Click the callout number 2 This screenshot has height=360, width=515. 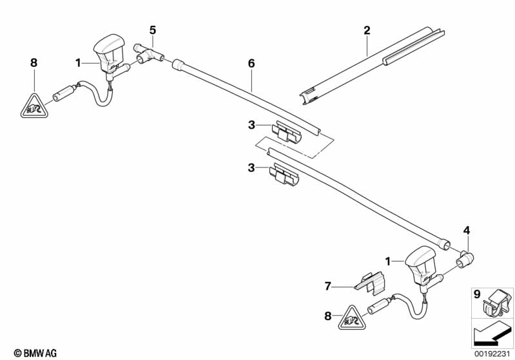pyautogui.click(x=367, y=30)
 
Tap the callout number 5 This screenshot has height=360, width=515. pyautogui.click(x=153, y=30)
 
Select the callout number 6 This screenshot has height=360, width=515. pyautogui.click(x=251, y=63)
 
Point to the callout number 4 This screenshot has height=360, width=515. pyautogui.click(x=467, y=231)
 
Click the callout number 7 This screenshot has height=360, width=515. pyautogui.click(x=327, y=287)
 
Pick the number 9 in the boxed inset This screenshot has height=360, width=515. pyautogui.click(x=477, y=294)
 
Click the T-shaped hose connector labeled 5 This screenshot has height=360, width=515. pyautogui.click(x=149, y=54)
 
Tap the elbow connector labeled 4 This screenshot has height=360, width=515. pyautogui.click(x=465, y=260)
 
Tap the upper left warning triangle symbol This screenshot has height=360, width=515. pyautogui.click(x=35, y=106)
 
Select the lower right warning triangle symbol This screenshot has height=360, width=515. pyautogui.click(x=352, y=318)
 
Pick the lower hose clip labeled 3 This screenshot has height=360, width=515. pyautogui.click(x=284, y=175)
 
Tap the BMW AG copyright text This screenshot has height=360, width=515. pyautogui.click(x=35, y=353)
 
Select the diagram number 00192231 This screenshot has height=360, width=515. pyautogui.click(x=492, y=354)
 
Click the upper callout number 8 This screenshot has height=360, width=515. pyautogui.click(x=34, y=62)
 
